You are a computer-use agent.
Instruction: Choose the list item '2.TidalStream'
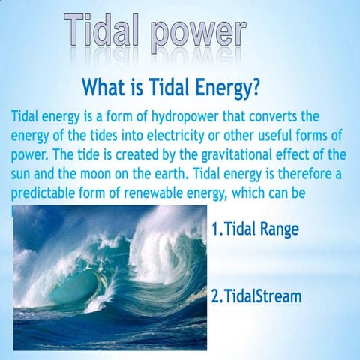tap(256, 296)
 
